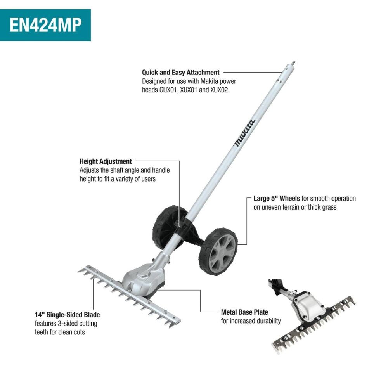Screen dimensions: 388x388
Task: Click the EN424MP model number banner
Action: coord(45,25)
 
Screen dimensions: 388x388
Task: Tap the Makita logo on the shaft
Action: coord(244,133)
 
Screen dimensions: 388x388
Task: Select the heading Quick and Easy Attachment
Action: coord(180,72)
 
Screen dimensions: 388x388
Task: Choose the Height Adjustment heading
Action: coord(106,161)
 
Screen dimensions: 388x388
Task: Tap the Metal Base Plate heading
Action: coord(244,312)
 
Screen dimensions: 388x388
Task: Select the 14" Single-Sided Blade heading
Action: coord(67,315)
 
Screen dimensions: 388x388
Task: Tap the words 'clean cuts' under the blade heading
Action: coord(72,332)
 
